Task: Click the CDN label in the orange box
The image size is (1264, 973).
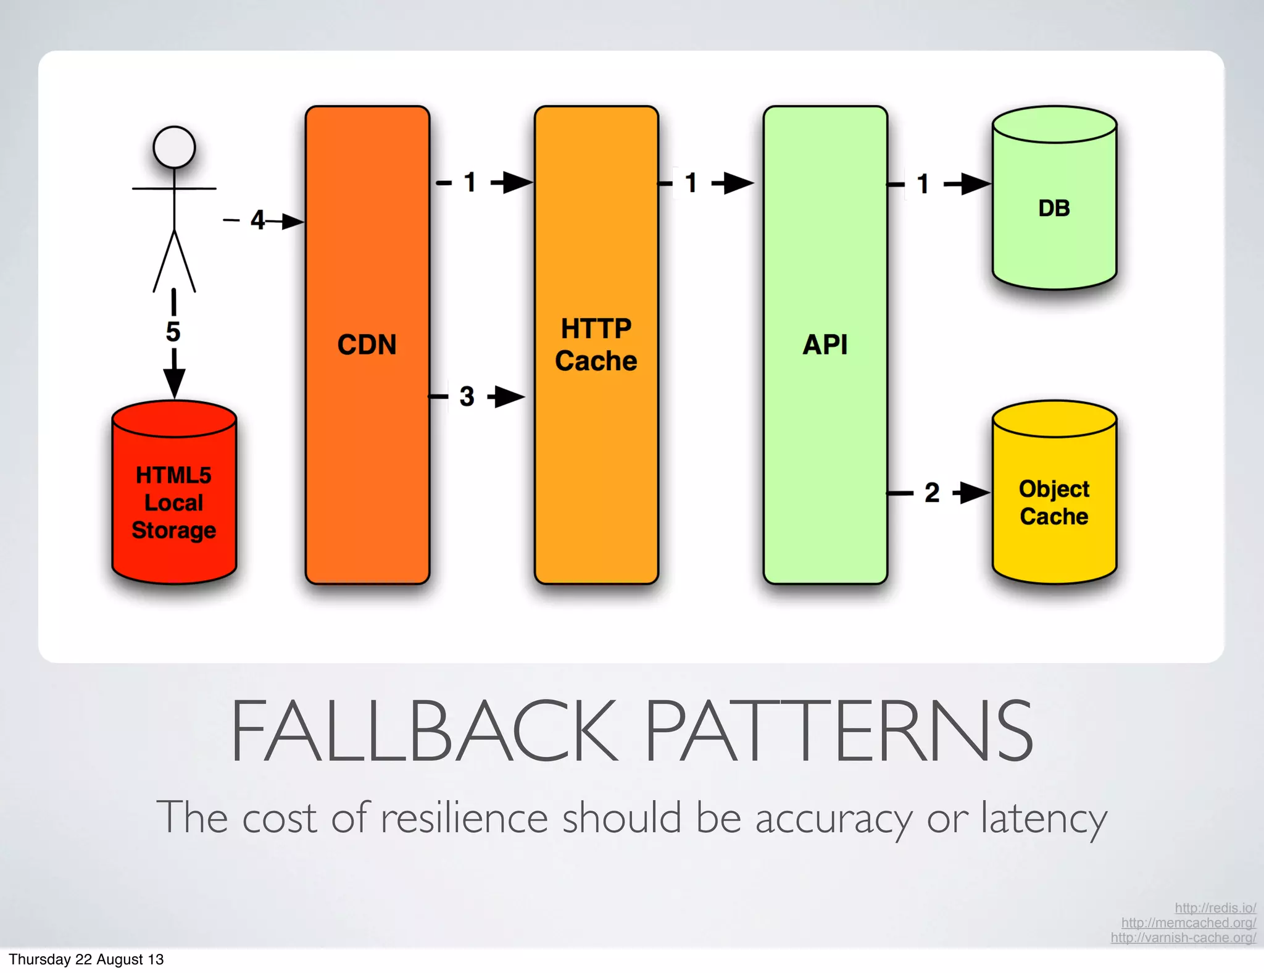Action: tap(367, 345)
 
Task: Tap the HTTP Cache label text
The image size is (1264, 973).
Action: tap(596, 345)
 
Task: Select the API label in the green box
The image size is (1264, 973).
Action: tap(825, 345)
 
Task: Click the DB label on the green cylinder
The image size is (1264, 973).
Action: tap(1054, 208)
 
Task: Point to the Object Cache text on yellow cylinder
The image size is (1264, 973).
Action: tap(1054, 503)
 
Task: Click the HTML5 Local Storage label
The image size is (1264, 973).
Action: tap(173, 503)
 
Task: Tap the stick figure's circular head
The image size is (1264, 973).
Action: tap(174, 147)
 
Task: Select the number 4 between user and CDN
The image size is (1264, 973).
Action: tap(257, 220)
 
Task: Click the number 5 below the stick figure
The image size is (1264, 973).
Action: tap(173, 332)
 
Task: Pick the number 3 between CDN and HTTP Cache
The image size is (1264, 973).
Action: tap(467, 396)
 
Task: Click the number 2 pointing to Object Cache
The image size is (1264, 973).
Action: tap(931, 493)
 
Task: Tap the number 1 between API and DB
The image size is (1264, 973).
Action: tap(923, 184)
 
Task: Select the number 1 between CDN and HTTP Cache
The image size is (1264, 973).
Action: tap(470, 182)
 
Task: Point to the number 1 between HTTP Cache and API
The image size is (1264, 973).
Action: tap(691, 183)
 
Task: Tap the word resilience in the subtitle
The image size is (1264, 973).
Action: tap(464, 817)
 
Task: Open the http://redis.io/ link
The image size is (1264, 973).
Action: tap(1215, 908)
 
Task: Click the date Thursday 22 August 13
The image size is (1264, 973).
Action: tap(86, 959)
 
